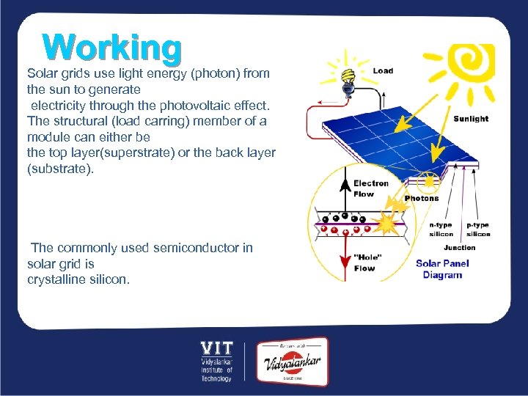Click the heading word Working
click(x=111, y=48)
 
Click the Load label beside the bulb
click(x=383, y=71)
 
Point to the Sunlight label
click(x=471, y=119)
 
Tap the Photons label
click(x=422, y=198)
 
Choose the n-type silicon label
click(x=441, y=230)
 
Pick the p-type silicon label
click(x=478, y=230)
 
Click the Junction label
click(x=460, y=248)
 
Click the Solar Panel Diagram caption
click(x=442, y=269)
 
